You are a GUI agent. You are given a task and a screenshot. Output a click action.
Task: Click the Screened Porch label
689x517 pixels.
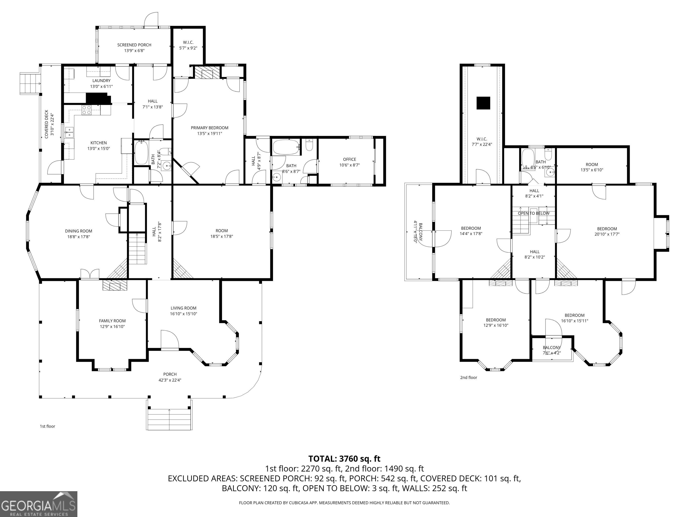coord(134,45)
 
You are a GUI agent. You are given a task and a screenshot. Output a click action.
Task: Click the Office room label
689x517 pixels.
coord(349,159)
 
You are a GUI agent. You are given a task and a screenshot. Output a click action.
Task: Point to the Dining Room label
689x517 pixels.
coord(78,231)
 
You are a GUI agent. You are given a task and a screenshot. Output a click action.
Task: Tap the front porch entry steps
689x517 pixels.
coord(169,419)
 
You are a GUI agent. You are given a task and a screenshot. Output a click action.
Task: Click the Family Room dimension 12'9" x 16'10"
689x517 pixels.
coord(112,326)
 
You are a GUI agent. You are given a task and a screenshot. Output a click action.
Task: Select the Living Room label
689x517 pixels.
coord(183,308)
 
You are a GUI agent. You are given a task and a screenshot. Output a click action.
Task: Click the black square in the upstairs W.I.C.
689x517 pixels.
coord(483,103)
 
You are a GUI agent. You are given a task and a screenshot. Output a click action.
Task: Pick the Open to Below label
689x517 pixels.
coord(534,213)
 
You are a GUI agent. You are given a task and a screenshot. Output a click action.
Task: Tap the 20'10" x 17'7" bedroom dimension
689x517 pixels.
coord(607,234)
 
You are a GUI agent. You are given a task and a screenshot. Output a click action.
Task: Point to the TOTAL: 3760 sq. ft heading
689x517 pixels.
coord(344,459)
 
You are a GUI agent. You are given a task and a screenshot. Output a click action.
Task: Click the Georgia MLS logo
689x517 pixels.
coord(39,504)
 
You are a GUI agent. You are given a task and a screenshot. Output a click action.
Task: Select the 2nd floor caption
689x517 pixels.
coord(469,377)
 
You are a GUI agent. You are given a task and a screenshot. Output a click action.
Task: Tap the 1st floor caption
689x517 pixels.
coord(47,426)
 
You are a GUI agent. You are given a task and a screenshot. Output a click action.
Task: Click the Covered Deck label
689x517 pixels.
coord(46,124)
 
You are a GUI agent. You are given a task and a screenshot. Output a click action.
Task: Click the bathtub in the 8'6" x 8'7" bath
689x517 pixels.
coord(286,147)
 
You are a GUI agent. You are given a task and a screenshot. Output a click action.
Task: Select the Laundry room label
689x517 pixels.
coord(101,81)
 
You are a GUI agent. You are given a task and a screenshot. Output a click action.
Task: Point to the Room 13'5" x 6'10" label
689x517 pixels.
coord(591,164)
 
